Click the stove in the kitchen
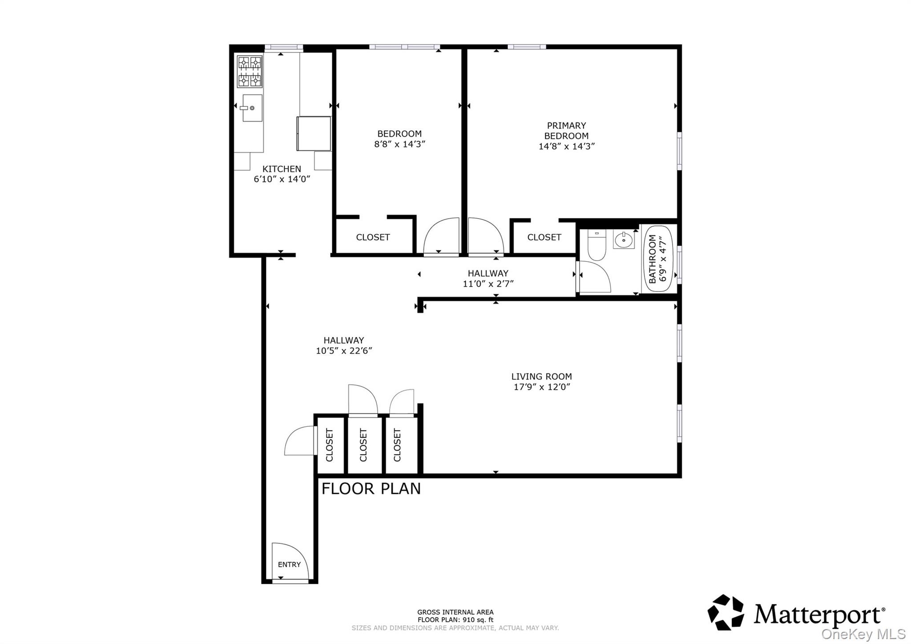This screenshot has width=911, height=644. [x=249, y=71]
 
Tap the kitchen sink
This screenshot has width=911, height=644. [x=252, y=108]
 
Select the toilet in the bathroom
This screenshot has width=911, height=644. [x=597, y=245]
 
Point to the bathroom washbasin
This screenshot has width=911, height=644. [x=624, y=240]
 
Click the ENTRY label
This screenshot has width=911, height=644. [x=289, y=565]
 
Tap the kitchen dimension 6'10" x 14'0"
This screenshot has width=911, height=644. [x=282, y=179]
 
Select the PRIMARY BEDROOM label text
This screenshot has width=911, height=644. [x=566, y=131]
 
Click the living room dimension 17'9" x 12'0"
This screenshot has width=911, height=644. [x=541, y=387]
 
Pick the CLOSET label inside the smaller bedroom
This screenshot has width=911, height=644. [x=373, y=238]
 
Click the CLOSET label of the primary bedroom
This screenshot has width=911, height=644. [x=544, y=238]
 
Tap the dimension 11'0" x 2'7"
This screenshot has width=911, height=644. [x=488, y=284]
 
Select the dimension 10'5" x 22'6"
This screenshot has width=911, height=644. [x=343, y=351]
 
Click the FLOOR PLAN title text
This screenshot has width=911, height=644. [x=371, y=489]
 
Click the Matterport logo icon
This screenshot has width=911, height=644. [x=726, y=612]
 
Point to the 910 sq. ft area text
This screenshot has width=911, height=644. [x=455, y=620]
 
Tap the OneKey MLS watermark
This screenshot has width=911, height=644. [x=863, y=634]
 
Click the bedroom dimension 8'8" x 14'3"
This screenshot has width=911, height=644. [x=399, y=144]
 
